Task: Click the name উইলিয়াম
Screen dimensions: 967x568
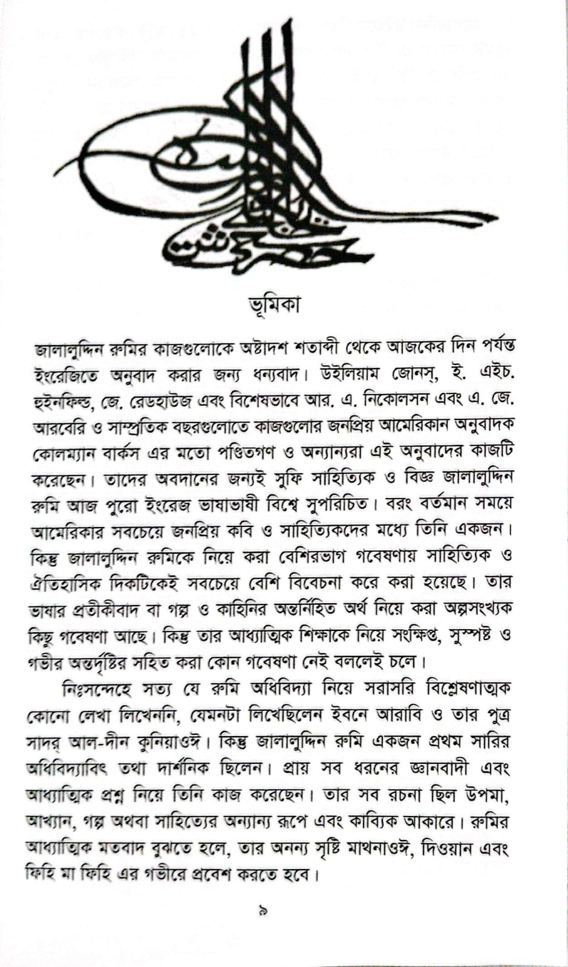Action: point(343,375)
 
